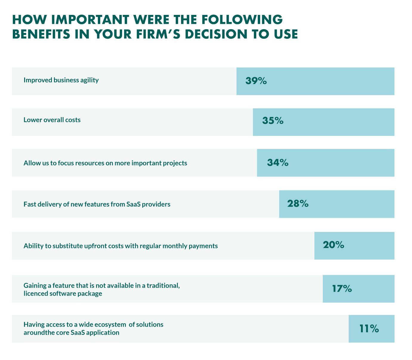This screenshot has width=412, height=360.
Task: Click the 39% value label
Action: [x=256, y=81]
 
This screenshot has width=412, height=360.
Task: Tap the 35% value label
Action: [x=273, y=121]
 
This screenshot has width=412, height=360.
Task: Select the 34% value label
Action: [x=277, y=163]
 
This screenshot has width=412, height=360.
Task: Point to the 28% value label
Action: [x=298, y=204]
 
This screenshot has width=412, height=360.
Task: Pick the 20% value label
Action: [x=333, y=245]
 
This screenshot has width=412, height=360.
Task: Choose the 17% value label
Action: [x=342, y=289]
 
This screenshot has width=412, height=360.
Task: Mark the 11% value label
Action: [x=369, y=329]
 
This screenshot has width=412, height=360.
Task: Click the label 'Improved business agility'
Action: [x=61, y=80]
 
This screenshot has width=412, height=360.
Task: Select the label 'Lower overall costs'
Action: [x=52, y=120]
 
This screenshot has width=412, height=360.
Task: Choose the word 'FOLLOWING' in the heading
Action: [x=242, y=20]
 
